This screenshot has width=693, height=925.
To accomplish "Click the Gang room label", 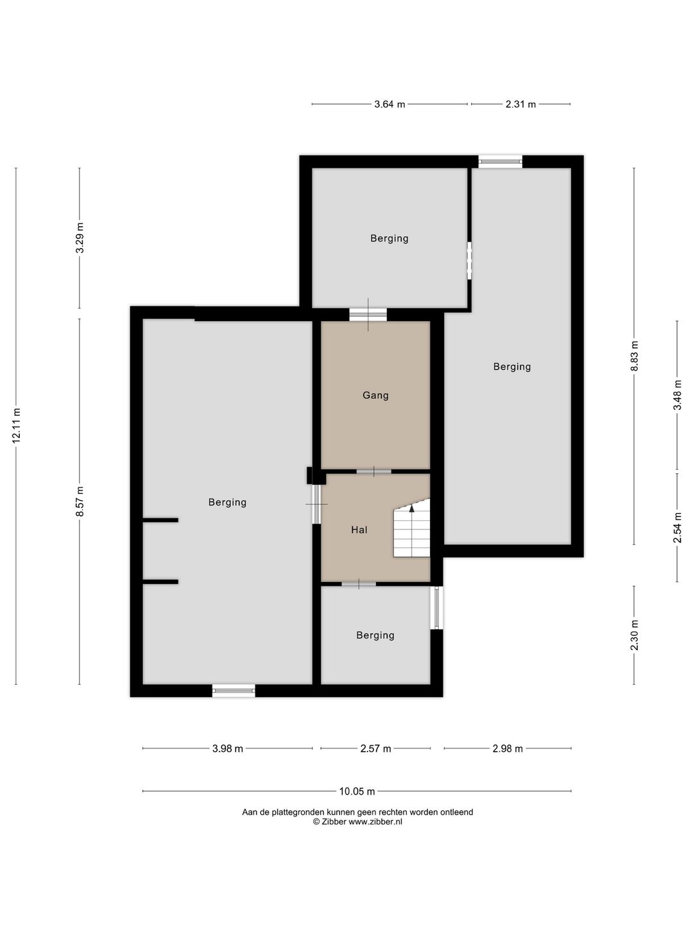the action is [375, 395].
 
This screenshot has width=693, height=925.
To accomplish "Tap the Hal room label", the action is [359, 530].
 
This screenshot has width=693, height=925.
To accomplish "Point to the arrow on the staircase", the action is [411, 508].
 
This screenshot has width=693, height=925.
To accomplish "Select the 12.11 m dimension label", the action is [17, 426].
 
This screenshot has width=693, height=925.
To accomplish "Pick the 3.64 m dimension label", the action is [389, 104].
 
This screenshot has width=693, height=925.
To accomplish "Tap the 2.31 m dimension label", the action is [520, 104].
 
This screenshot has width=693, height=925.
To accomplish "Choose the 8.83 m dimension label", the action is [634, 356].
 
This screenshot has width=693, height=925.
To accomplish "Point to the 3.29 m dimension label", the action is [80, 238].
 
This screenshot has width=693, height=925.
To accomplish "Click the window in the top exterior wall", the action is [501, 161].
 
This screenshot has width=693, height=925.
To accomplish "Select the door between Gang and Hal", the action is [373, 471].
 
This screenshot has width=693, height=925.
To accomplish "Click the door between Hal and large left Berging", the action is [316, 504].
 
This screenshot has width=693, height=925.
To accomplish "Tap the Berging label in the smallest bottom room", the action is [375, 635].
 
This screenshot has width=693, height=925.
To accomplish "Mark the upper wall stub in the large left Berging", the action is [160, 520].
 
